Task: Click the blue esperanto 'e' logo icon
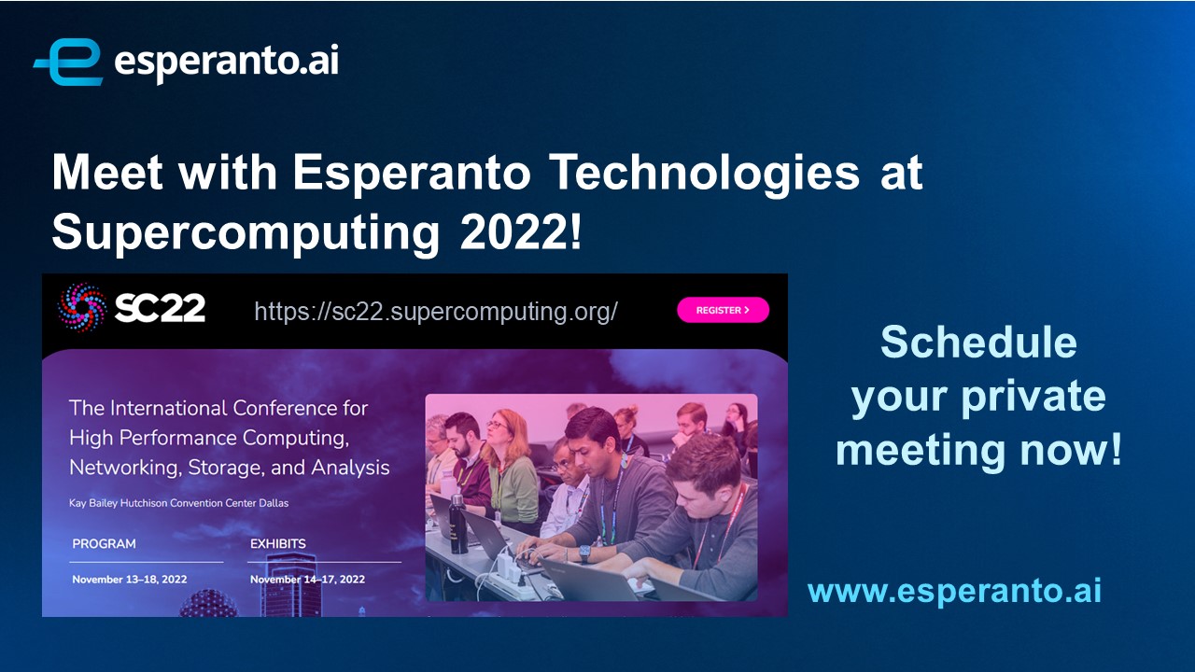[x=68, y=62]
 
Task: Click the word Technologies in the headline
[x=705, y=173]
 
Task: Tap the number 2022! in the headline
[x=520, y=231]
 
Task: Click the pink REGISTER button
[x=723, y=310]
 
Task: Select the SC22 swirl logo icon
[x=81, y=308]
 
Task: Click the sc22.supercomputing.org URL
[x=436, y=311]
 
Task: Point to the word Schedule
[x=978, y=342]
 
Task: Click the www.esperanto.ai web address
[x=954, y=591]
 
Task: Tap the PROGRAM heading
[x=104, y=543]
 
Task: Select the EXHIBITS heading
[x=278, y=543]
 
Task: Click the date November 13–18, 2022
[x=130, y=580]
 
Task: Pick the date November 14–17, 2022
[x=308, y=580]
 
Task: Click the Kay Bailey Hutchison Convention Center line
[x=178, y=503]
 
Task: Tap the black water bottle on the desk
[x=457, y=524]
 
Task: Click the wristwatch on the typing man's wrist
[x=585, y=553]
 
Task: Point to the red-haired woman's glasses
[x=498, y=425]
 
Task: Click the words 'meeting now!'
[x=979, y=450]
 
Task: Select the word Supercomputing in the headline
[x=246, y=233]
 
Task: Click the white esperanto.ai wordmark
[x=226, y=62]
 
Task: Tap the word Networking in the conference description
[x=126, y=468]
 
